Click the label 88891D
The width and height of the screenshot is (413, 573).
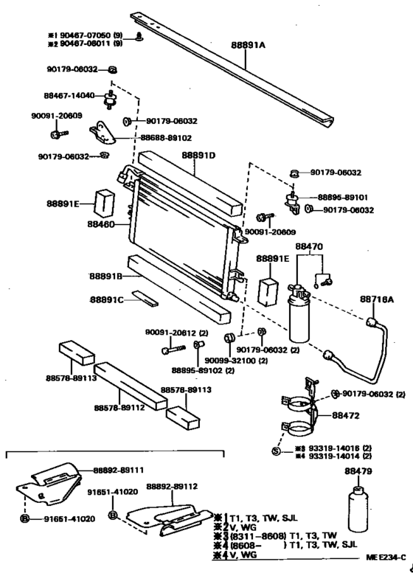click(198, 156)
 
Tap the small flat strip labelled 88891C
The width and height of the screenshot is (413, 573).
click(145, 299)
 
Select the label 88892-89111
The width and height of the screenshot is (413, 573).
click(118, 469)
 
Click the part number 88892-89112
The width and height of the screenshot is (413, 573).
click(171, 487)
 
